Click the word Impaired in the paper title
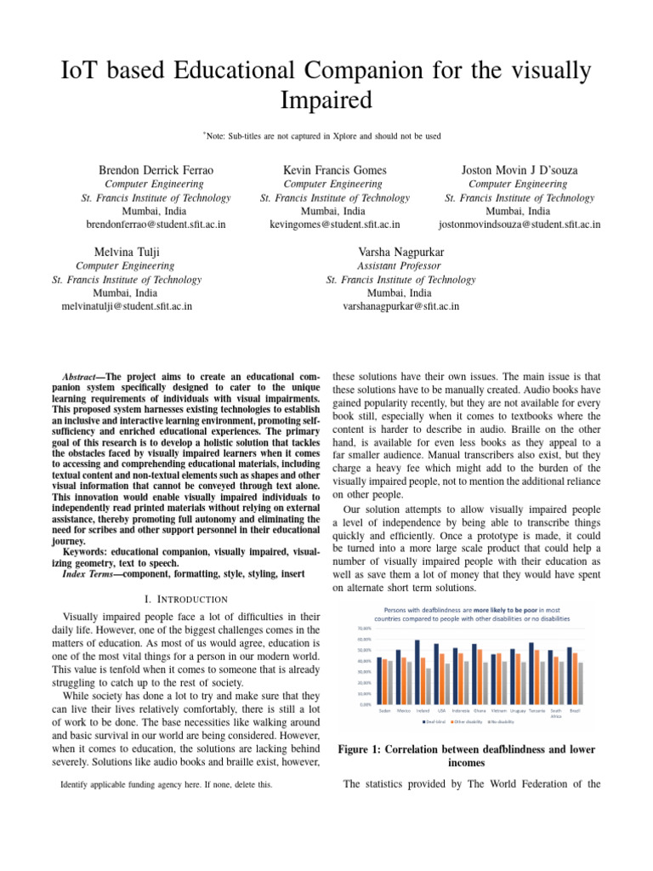click(x=326, y=100)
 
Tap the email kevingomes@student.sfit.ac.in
click(x=334, y=225)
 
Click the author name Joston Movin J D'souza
click(x=519, y=169)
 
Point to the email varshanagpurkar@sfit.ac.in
click(x=400, y=306)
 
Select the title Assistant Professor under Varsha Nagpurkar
click(x=400, y=265)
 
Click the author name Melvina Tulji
click(x=127, y=251)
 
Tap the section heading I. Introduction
click(x=186, y=600)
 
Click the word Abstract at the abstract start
click(x=82, y=376)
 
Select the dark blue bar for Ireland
click(x=417, y=673)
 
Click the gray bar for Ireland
click(x=429, y=686)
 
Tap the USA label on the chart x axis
click(x=441, y=710)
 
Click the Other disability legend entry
click(x=467, y=721)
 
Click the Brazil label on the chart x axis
click(x=575, y=710)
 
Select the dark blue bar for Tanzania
click(x=531, y=674)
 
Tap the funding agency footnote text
click(x=167, y=784)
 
